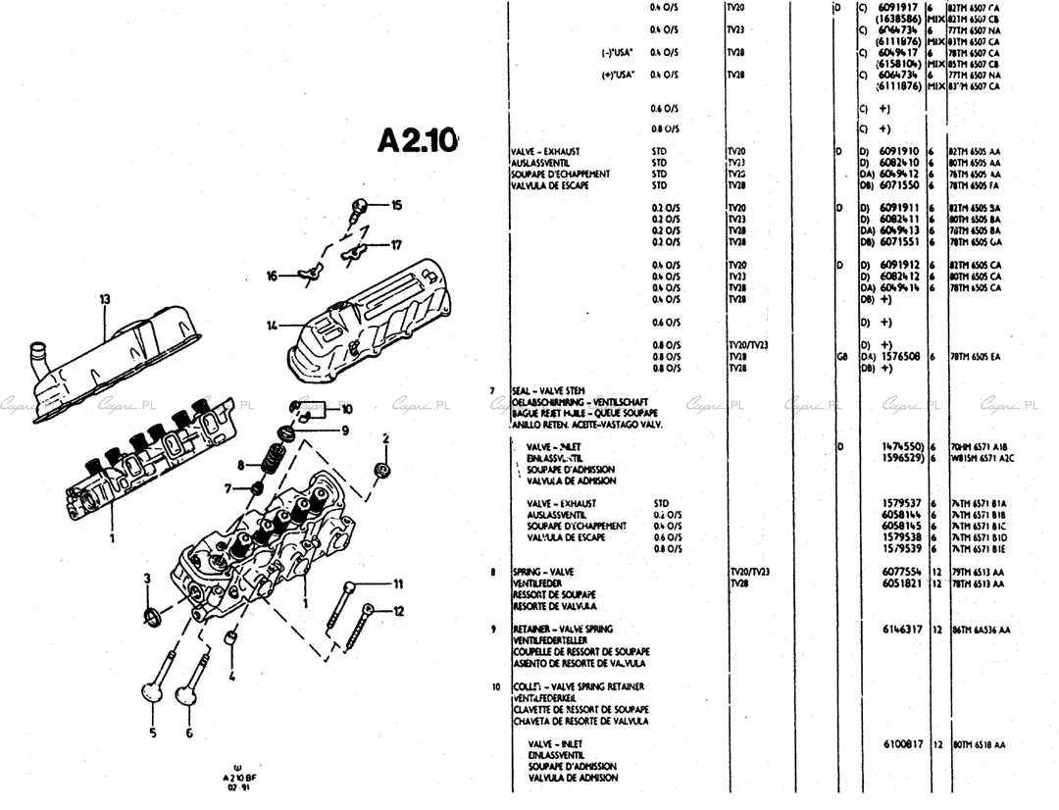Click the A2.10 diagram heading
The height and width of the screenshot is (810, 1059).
click(417, 139)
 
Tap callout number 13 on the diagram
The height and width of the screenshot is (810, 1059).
click(105, 299)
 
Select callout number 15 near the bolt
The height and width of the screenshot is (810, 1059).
click(396, 205)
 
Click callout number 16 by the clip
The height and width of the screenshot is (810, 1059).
click(272, 277)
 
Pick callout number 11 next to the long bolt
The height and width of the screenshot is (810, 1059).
click(398, 584)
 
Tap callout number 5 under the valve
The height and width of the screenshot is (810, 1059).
click(153, 732)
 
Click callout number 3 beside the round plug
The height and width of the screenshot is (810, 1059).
click(147, 579)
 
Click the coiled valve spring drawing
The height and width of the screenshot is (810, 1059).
click(275, 456)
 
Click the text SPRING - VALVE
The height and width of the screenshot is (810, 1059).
click(543, 571)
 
